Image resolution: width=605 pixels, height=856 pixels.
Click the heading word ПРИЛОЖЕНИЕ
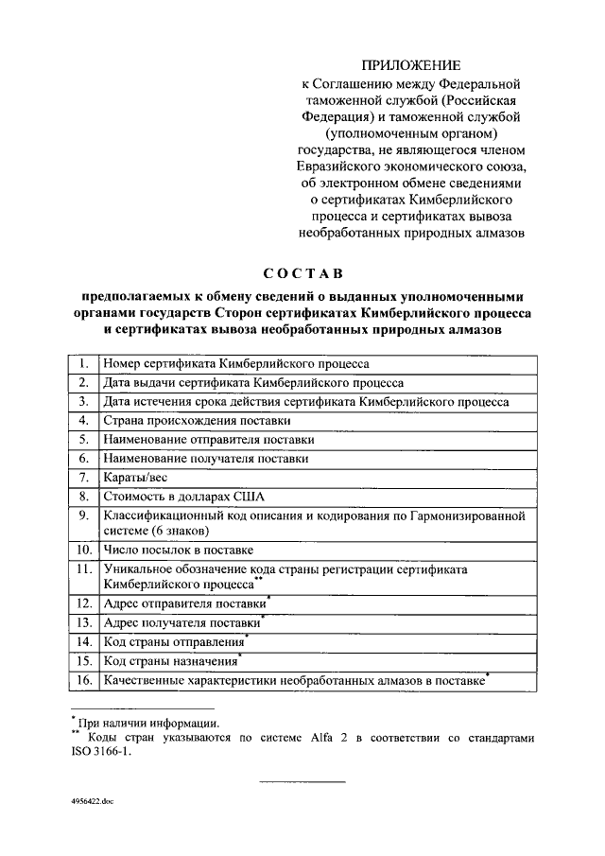click(x=411, y=65)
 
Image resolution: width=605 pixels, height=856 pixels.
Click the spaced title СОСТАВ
click(x=302, y=274)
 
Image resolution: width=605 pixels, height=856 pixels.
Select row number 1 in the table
click(x=84, y=363)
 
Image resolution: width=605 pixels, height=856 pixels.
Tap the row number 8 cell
click(x=84, y=496)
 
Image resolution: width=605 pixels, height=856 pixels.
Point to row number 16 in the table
click(x=84, y=680)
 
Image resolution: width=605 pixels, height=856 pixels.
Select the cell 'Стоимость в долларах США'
click(x=185, y=496)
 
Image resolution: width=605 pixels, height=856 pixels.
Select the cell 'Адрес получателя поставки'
click(x=181, y=623)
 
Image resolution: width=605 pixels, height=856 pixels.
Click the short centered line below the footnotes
click(x=302, y=781)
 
